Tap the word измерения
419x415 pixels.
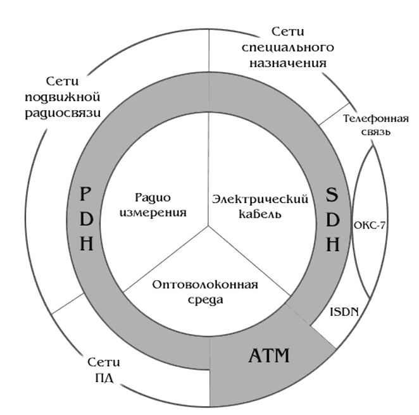click(x=153, y=213)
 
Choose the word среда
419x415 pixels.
click(x=206, y=300)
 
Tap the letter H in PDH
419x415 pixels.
click(x=87, y=244)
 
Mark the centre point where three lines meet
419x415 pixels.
click(x=209, y=226)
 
